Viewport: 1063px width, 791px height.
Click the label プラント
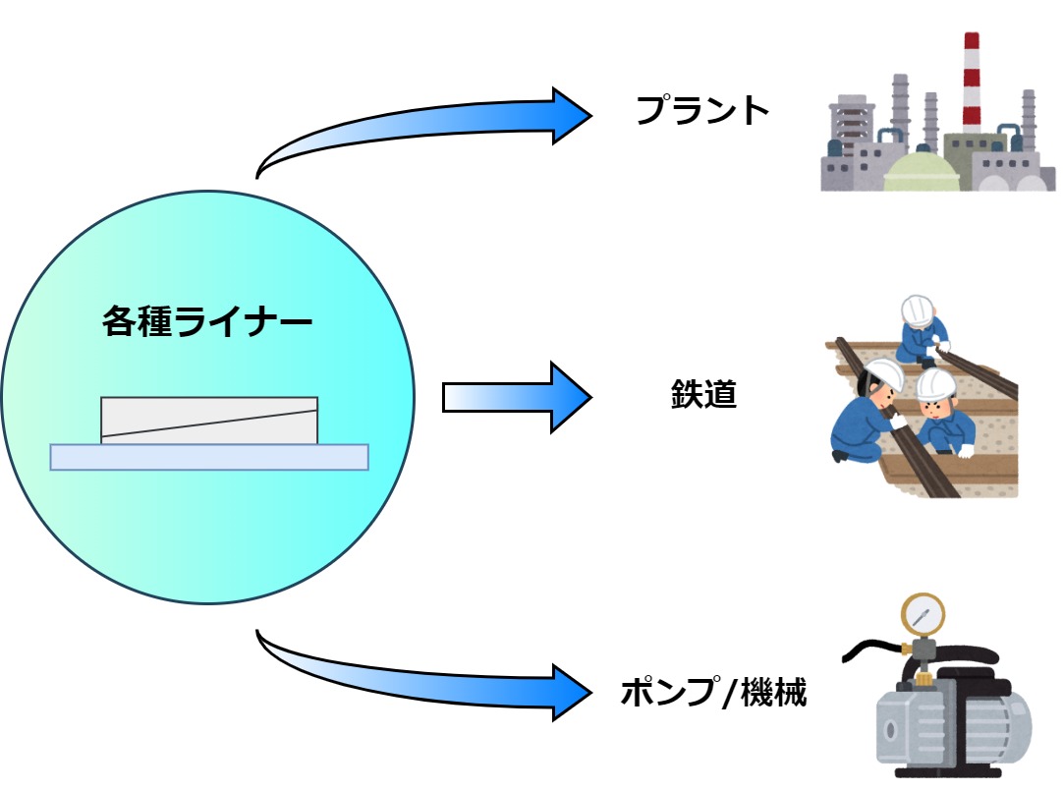701,110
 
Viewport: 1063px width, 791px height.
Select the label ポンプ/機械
713,694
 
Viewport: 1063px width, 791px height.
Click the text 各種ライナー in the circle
207,321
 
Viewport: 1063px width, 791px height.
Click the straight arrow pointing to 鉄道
517,397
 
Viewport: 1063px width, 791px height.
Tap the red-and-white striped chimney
972,84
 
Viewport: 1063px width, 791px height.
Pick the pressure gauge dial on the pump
923,614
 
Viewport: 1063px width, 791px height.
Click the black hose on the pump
869,650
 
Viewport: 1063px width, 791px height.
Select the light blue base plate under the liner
209,457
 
